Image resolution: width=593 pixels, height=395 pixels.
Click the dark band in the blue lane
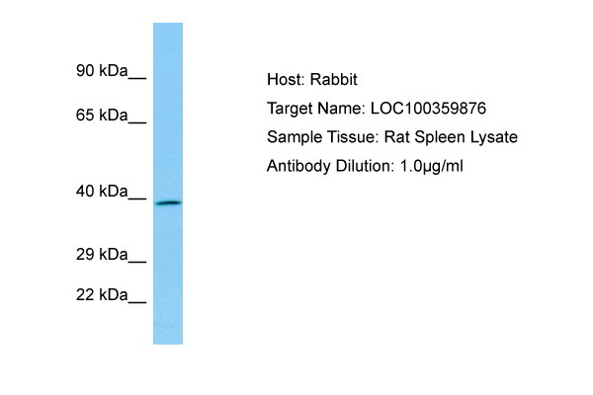169,203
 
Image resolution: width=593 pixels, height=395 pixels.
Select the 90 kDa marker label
102,71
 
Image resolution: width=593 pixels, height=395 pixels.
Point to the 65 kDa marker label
102,115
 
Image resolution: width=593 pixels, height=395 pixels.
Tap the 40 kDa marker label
102,192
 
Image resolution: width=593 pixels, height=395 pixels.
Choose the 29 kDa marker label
102,255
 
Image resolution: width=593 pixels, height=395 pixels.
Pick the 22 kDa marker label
102,295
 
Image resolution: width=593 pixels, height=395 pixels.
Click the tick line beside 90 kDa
137,78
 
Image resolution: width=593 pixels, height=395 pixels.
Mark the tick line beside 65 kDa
137,122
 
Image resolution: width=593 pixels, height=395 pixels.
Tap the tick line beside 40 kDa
137,198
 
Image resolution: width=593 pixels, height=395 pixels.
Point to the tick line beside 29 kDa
137,262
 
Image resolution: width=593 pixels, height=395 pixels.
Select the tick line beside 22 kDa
137,302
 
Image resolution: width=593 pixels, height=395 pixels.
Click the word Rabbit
334,79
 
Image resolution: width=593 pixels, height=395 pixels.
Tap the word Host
286,79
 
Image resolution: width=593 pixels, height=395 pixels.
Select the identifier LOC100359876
428,109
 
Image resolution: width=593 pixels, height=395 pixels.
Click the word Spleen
440,137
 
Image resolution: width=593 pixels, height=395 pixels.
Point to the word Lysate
494,137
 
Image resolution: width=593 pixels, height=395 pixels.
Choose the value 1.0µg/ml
431,166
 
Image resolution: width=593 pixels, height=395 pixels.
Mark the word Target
290,109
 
